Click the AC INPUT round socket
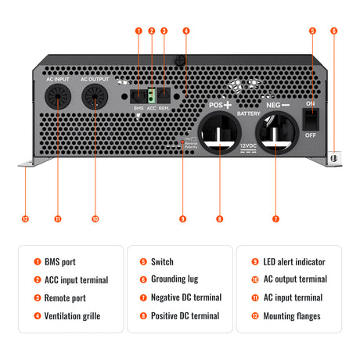[x=57, y=98]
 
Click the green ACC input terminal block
[x=151, y=95]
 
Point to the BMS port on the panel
[x=139, y=95]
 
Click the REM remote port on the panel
[x=164, y=95]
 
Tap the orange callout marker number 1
[x=139, y=31]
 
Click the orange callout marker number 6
[x=334, y=31]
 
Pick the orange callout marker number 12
[x=25, y=218]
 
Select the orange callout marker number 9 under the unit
[x=182, y=218]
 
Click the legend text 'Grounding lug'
[x=176, y=279]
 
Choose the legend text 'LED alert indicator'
[x=293, y=261]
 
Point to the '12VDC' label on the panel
[x=247, y=146]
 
